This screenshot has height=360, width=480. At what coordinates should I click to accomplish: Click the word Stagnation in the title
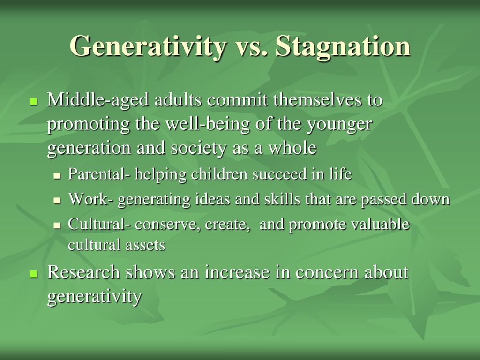343,46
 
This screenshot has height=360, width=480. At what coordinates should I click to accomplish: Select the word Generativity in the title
148,46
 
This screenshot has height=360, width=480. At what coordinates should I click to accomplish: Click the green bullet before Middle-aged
33,101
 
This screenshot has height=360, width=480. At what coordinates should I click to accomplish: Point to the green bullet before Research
33,274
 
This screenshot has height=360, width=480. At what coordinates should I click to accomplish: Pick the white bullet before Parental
57,176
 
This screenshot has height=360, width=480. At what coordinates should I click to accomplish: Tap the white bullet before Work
57,201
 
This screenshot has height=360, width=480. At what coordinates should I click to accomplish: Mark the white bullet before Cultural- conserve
57,226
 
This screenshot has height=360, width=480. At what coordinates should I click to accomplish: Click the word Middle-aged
98,100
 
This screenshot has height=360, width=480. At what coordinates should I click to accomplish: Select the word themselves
317,100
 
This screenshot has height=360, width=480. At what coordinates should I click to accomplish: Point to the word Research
83,272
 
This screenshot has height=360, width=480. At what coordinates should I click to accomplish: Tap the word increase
237,272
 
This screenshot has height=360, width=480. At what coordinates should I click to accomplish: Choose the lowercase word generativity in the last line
95,297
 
